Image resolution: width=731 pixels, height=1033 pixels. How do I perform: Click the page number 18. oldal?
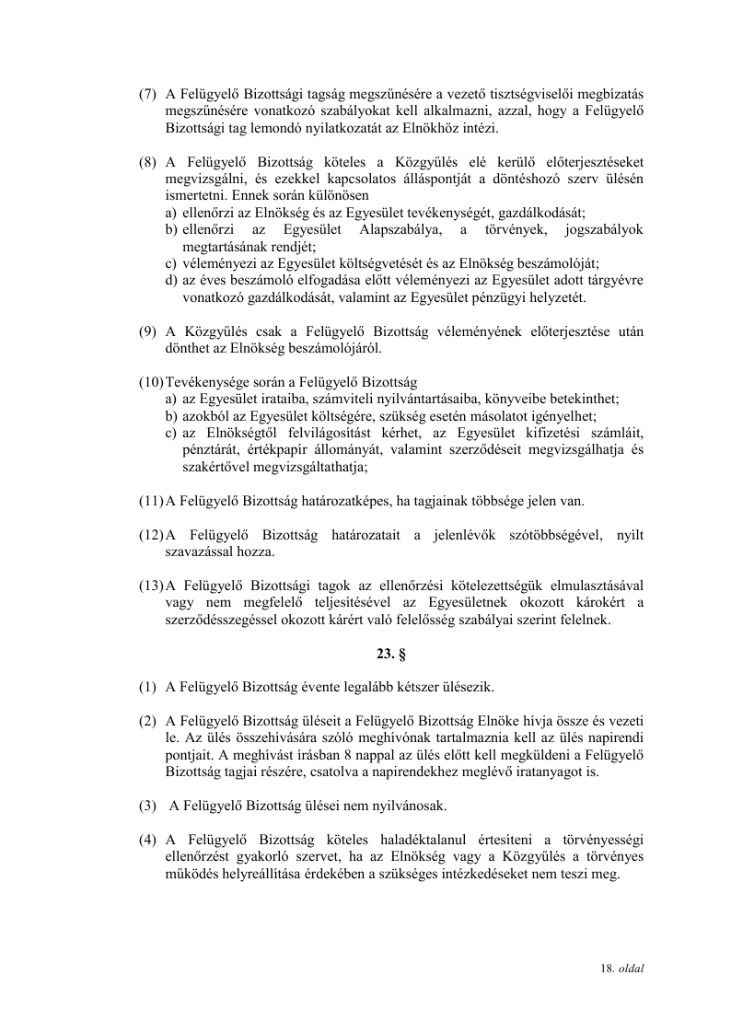pyautogui.click(x=622, y=969)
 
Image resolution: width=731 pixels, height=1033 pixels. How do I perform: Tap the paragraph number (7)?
pyautogui.click(x=147, y=94)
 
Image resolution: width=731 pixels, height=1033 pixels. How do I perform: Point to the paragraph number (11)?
pyautogui.click(x=151, y=502)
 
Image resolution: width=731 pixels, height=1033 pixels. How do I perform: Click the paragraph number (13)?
pyautogui.click(x=151, y=585)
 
